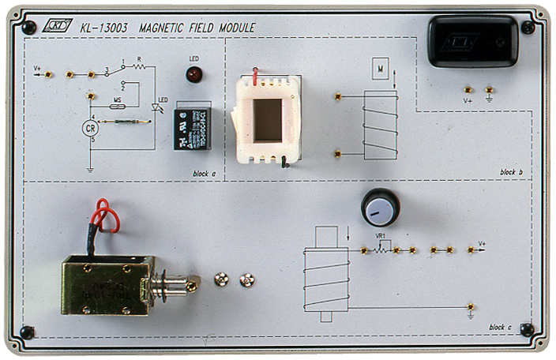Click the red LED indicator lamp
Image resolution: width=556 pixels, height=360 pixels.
click(193, 75)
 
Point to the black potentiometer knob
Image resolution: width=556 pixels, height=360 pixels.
click(380, 208)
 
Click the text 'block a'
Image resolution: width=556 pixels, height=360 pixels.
click(204, 173)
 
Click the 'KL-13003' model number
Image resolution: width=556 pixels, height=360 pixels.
click(104, 28)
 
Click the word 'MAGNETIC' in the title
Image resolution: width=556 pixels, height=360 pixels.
click(162, 28)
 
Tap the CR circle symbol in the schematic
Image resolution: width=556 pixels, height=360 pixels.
click(92, 129)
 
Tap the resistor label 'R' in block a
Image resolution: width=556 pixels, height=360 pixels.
click(139, 58)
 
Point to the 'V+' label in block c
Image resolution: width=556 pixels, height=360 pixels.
click(483, 243)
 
